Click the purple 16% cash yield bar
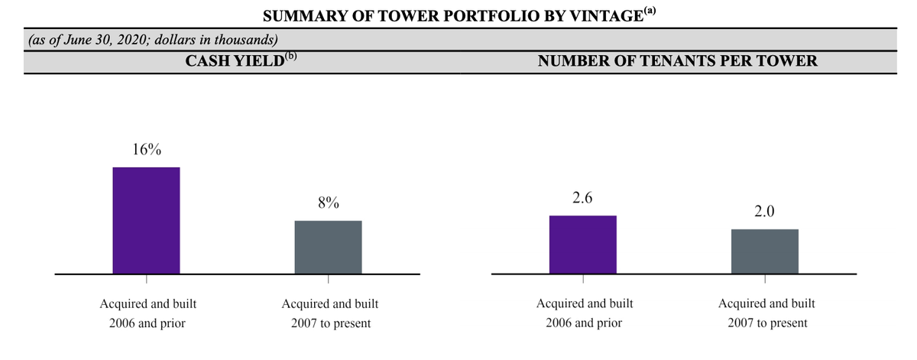(146, 220)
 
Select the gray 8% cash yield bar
(328, 247)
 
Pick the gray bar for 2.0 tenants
(764, 251)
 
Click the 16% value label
(146, 150)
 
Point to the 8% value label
(328, 203)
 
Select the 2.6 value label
(582, 199)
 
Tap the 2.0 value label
(764, 212)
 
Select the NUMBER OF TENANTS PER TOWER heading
(677, 62)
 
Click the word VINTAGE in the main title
(602, 17)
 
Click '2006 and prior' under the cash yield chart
(146, 323)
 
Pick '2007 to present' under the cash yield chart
(330, 323)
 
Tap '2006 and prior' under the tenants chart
(584, 323)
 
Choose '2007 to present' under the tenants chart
(766, 323)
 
